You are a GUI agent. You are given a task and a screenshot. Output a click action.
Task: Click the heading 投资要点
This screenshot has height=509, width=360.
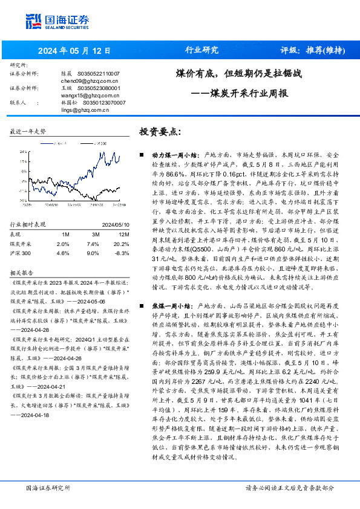click(160, 131)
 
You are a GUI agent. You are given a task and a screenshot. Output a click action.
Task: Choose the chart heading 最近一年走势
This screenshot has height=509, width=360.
click(28, 131)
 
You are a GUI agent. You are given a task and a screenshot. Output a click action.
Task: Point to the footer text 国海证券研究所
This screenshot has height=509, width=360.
click(48, 487)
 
